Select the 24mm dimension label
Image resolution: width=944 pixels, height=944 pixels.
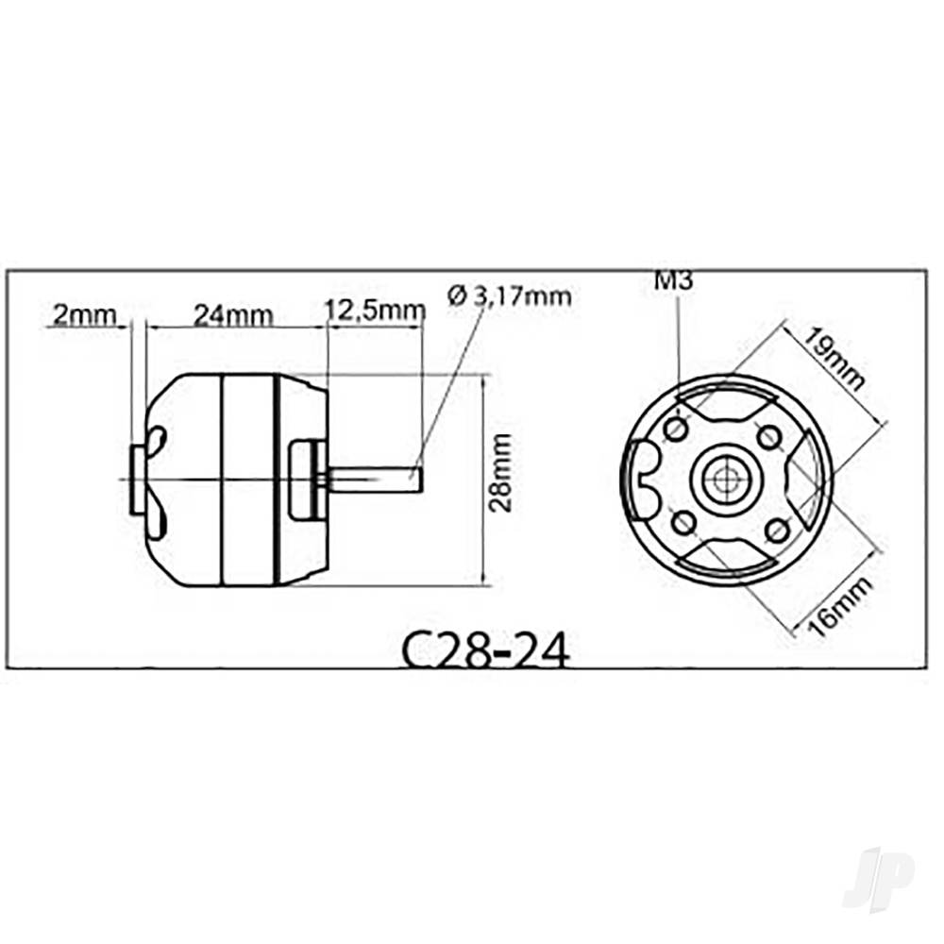coord(232,314)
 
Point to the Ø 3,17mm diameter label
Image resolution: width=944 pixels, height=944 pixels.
coord(510,295)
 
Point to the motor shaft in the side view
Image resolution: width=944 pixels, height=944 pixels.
coord(378,480)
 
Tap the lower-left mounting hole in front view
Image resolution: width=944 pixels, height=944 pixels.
coord(684,521)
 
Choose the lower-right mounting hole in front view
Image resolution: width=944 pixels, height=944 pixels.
coord(776,531)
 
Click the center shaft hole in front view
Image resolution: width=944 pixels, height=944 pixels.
coord(725,480)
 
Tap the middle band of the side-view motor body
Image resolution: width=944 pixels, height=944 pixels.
coord(247,480)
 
